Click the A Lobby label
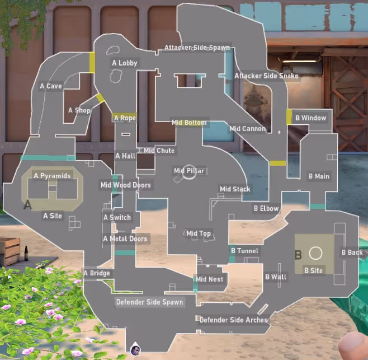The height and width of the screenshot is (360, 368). click(125, 63)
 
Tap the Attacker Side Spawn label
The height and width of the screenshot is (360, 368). click(197, 48)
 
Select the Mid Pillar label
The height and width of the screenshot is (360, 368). click(189, 171)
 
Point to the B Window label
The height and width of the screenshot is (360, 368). click(311, 118)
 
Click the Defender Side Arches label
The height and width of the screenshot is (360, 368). click(234, 320)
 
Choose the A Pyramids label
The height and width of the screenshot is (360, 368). click(52, 176)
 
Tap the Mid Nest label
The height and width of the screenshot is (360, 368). click(209, 279)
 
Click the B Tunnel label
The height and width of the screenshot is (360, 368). click(244, 251)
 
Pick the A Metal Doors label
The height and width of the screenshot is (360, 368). click(125, 239)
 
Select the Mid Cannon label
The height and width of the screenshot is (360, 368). click(247, 129)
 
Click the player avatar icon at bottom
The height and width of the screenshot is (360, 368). click(135, 349)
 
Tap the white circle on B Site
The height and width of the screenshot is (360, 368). click(315, 253)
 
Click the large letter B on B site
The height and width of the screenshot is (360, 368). click(298, 255)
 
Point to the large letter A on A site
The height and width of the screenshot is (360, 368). click(28, 205)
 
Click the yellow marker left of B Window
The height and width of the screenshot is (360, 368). click(289, 117)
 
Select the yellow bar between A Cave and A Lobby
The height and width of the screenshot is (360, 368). click(92, 63)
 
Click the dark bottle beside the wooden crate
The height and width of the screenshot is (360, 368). click(26, 253)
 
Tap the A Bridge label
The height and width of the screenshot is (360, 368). click(97, 273)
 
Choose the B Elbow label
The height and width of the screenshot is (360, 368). click(266, 208)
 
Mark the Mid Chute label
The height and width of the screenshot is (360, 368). click(159, 151)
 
